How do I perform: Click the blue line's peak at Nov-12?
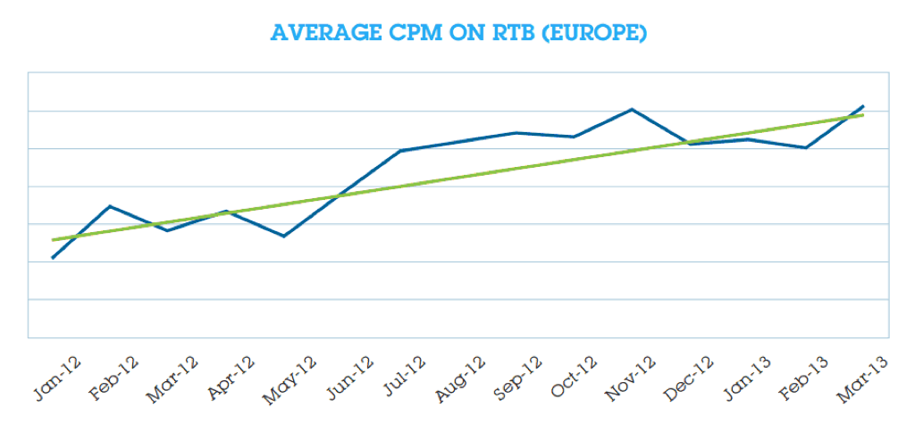click(x=632, y=110)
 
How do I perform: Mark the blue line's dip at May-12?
click(x=284, y=237)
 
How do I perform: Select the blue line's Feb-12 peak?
click(x=110, y=206)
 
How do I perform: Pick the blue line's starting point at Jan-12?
click(x=53, y=258)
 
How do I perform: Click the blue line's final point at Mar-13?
click(x=863, y=106)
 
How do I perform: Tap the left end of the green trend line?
click(x=53, y=239)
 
